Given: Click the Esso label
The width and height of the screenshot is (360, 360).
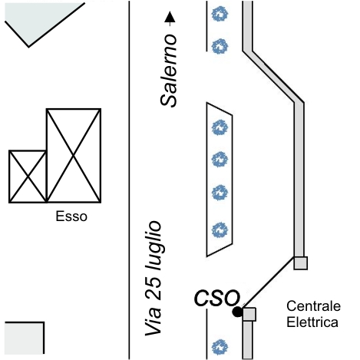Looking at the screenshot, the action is (71, 216).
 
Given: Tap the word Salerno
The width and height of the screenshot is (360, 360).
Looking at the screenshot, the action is (169, 71).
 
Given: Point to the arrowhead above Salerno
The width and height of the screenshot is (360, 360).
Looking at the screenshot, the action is (170, 17).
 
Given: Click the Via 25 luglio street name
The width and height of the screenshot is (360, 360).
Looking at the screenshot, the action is (154, 278).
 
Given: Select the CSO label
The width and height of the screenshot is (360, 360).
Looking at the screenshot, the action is (217, 298).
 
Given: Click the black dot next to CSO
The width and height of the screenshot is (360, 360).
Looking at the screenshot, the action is (237, 312).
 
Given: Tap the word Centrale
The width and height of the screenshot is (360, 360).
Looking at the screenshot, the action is (313, 306).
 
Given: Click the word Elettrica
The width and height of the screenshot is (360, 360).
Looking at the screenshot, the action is (312, 322).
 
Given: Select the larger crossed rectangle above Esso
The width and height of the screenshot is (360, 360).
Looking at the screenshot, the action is (74, 156).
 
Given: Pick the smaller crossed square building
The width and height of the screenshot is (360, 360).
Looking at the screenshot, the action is (28, 177).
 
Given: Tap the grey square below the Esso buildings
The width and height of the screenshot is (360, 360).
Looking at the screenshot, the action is (25, 338).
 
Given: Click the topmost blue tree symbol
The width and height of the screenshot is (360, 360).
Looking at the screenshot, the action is (220, 14).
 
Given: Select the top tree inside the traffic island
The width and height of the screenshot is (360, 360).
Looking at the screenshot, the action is (220, 127).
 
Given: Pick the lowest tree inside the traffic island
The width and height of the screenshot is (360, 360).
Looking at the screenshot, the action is (220, 230).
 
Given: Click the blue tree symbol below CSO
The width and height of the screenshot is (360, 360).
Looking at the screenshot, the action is (220, 347).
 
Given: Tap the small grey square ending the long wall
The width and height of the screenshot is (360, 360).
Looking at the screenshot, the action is (300, 263).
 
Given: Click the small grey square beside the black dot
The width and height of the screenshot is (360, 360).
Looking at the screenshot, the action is (249, 314).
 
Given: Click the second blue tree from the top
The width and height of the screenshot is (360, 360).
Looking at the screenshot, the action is (220, 46).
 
